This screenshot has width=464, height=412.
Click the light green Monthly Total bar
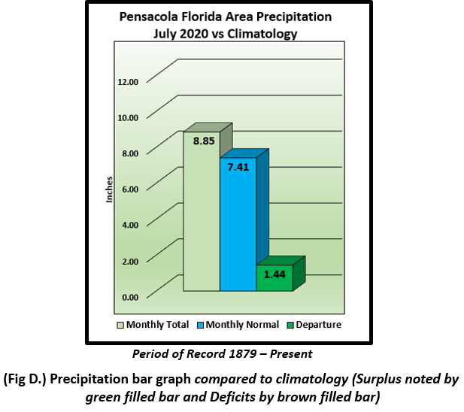[x=202, y=218]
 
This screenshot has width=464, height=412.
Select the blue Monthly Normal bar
[x=238, y=233]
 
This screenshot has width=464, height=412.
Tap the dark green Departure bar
[x=274, y=278]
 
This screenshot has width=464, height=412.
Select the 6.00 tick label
[x=130, y=189]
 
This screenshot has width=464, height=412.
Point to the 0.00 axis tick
[x=130, y=297]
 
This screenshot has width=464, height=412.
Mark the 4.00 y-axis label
[x=130, y=226]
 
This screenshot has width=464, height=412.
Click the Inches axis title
[x=108, y=189]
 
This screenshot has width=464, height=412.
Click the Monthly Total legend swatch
[x=120, y=325]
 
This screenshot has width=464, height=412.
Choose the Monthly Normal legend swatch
[x=201, y=325]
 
